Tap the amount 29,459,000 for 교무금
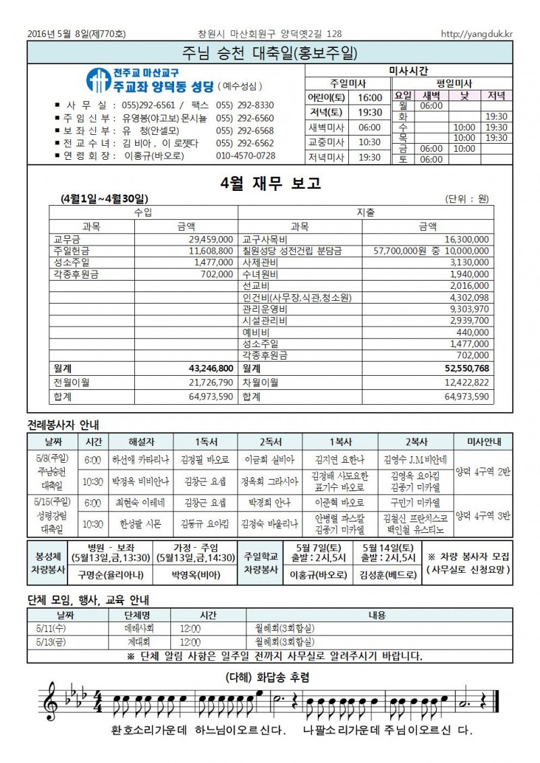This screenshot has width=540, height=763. click(212, 239)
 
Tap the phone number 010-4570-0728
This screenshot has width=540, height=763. click(246, 155)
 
